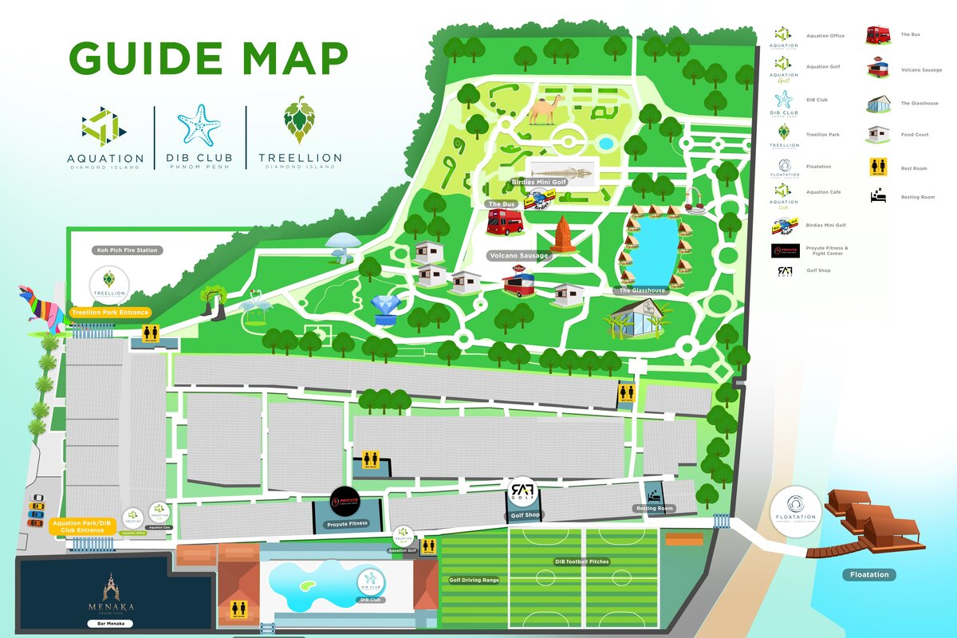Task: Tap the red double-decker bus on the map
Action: click(505, 222)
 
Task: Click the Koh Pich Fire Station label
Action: click(128, 250)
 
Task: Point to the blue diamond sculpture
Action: click(388, 310)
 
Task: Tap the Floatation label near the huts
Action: click(868, 574)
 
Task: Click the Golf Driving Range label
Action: click(474, 580)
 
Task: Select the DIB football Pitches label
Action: click(581, 561)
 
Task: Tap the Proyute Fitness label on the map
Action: click(347, 524)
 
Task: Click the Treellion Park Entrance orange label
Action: click(109, 313)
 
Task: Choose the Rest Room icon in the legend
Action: click(879, 168)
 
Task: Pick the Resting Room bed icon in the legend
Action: click(879, 196)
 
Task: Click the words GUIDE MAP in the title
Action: click(208, 57)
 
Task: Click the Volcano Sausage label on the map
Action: click(518, 255)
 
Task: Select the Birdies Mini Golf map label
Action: click(538, 182)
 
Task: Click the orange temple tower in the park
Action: click(563, 234)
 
